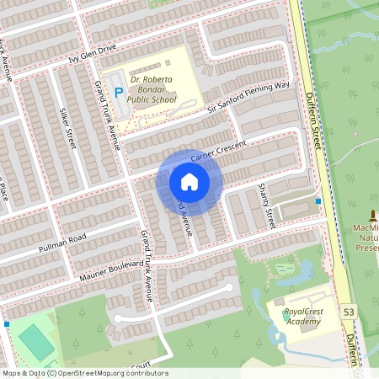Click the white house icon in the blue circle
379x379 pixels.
point(189,182)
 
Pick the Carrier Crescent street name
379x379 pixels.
point(217,152)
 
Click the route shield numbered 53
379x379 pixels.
point(349,312)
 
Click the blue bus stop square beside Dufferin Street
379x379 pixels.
point(318,201)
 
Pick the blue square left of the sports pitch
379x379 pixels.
point(6,323)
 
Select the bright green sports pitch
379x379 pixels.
point(35,342)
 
